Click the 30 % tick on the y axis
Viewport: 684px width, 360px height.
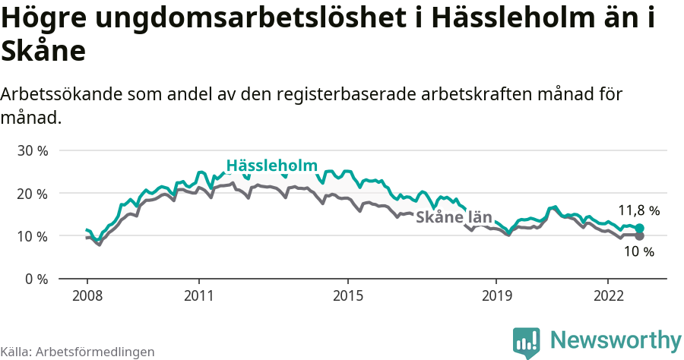tap(33, 151)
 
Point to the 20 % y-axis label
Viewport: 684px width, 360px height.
tap(33, 194)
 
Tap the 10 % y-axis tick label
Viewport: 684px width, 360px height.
tap(33, 236)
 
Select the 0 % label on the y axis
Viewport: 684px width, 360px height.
tap(36, 279)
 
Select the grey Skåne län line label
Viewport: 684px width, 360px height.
tap(453, 216)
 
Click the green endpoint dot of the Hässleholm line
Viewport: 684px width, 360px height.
tap(639, 229)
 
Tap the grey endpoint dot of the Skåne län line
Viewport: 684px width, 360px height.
tap(639, 236)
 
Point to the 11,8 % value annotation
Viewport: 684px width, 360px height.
tap(638, 210)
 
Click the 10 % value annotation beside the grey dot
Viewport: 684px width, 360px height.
tap(638, 252)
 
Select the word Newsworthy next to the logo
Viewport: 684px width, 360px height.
tap(616, 340)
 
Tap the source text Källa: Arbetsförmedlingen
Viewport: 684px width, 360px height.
tap(78, 352)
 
